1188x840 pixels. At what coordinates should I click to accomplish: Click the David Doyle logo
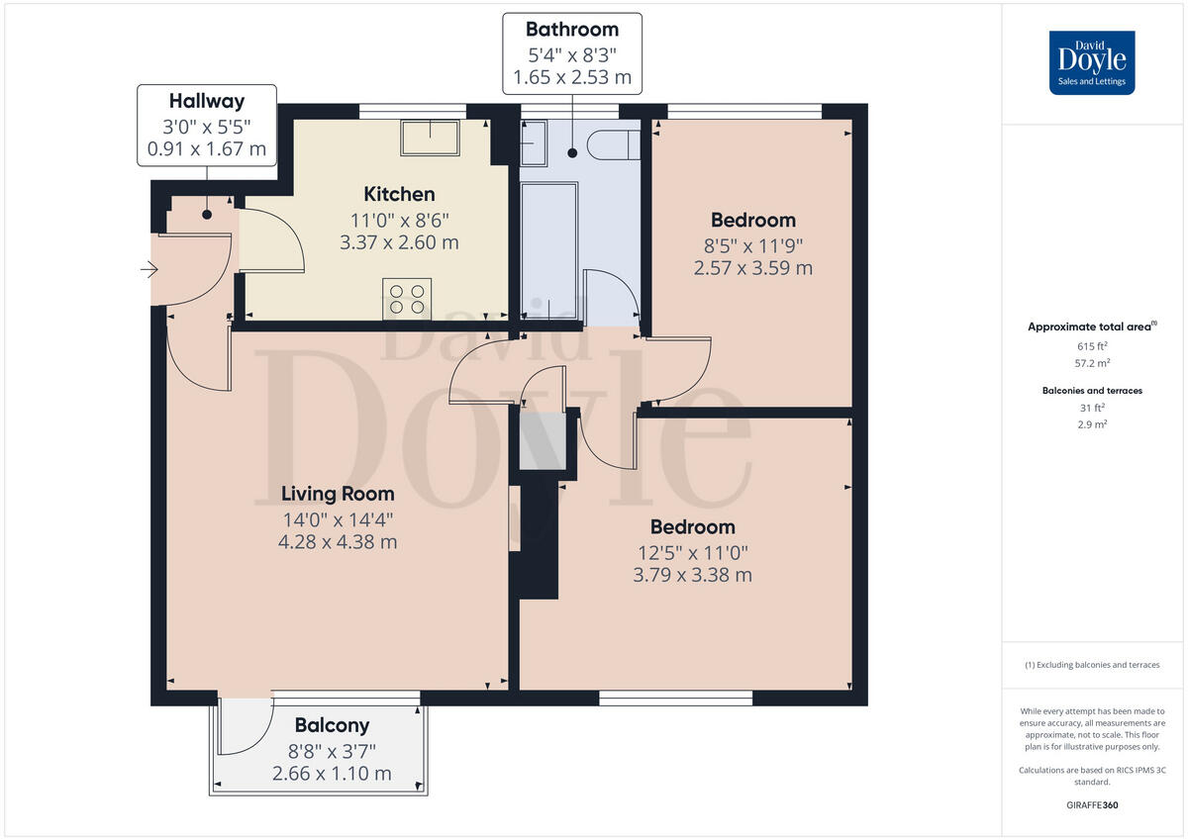pyautogui.click(x=1092, y=62)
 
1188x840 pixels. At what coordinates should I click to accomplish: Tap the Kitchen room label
pyautogui.click(x=399, y=194)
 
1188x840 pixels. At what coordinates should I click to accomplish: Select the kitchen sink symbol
pyautogui.click(x=430, y=139)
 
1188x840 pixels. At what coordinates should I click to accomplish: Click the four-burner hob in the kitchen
pyautogui.click(x=407, y=298)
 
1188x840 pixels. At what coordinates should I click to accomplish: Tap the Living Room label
pyautogui.click(x=338, y=494)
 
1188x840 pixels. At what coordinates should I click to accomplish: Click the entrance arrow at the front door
pyautogui.click(x=149, y=268)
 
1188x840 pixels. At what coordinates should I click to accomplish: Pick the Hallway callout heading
pyautogui.click(x=206, y=101)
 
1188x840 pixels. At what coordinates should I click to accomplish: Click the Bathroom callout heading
pyautogui.click(x=571, y=30)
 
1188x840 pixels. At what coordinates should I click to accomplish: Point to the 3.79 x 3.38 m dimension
pyautogui.click(x=692, y=575)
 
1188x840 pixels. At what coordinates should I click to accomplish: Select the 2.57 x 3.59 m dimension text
pyautogui.click(x=753, y=268)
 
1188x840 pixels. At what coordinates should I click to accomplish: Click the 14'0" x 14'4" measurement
pyautogui.click(x=338, y=518)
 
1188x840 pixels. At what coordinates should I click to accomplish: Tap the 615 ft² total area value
pyautogui.click(x=1092, y=346)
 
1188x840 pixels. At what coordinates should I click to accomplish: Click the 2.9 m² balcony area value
pyautogui.click(x=1092, y=424)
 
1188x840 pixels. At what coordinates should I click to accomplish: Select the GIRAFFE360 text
pyautogui.click(x=1092, y=805)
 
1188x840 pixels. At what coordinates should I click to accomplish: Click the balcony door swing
pyautogui.click(x=243, y=727)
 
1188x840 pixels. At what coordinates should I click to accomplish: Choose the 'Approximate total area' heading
pyautogui.click(x=1090, y=327)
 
